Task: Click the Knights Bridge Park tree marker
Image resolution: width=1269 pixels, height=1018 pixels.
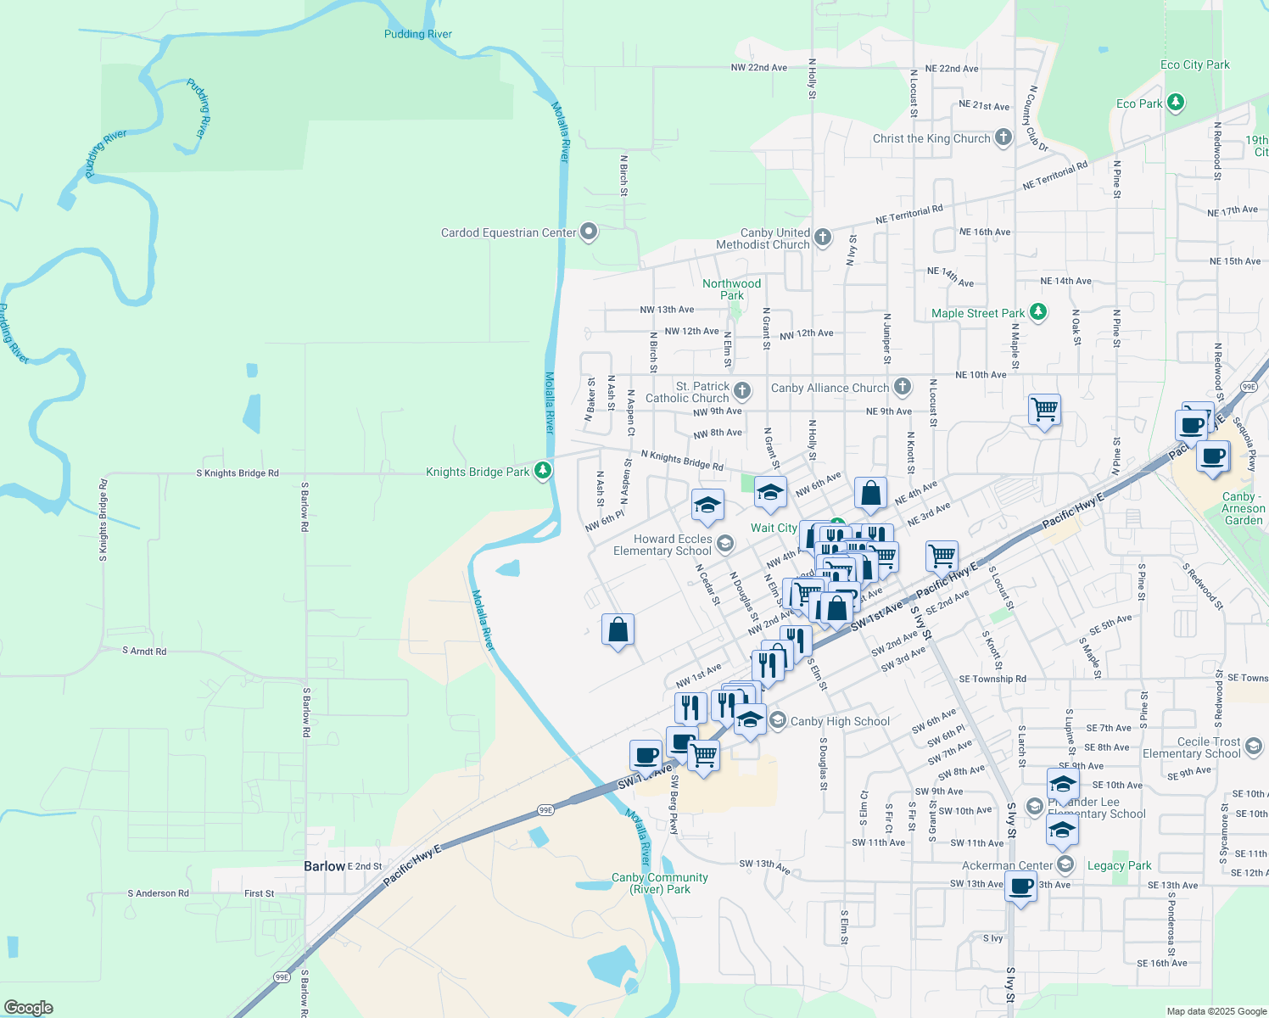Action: [543, 471]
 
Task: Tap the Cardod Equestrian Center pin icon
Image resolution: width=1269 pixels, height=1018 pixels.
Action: [589, 232]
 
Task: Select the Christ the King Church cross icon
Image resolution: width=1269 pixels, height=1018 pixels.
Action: [1003, 137]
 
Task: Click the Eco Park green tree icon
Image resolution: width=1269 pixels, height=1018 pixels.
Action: [1175, 103]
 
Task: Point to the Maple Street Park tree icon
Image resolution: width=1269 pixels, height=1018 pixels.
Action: [1037, 312]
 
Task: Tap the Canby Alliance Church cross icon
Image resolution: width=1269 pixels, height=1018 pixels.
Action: [902, 387]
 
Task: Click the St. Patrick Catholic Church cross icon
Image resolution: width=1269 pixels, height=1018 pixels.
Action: [742, 391]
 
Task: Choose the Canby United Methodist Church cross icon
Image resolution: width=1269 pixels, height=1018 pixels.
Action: [822, 238]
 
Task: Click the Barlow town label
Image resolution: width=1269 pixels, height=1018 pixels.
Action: [324, 866]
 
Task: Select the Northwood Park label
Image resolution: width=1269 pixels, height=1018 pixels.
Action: [731, 289]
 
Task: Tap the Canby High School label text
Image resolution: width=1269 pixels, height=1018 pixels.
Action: [840, 721]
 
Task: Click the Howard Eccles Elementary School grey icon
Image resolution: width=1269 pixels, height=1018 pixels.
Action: [724, 544]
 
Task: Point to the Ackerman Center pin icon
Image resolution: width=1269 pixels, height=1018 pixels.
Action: [1065, 864]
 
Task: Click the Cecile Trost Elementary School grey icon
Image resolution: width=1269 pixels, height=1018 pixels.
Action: [1254, 747]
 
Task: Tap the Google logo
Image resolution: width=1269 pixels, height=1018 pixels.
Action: [28, 1008]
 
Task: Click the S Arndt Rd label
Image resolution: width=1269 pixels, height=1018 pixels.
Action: [144, 652]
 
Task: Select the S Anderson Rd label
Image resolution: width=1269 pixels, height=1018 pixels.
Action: [158, 893]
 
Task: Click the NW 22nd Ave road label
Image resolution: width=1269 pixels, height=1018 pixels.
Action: [758, 68]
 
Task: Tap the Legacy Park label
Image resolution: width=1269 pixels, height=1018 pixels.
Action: [1119, 865]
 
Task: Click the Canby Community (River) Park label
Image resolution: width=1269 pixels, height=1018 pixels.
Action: [659, 883]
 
